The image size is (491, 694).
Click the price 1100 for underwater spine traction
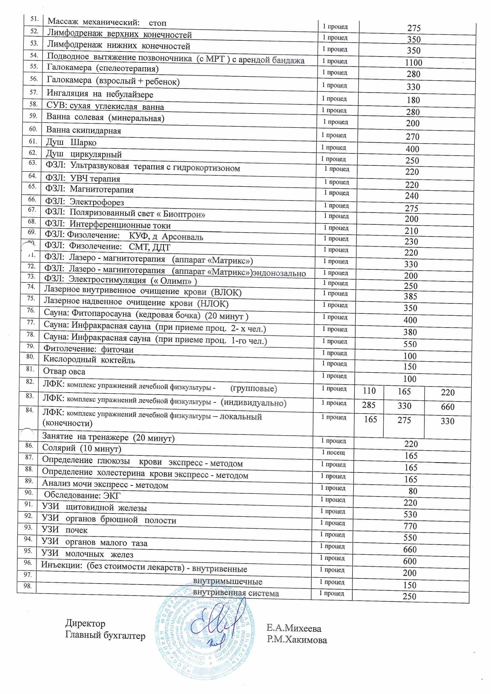[x=413, y=63]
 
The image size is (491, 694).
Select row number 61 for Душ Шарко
[x=33, y=141]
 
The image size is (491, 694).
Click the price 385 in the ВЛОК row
[x=411, y=296]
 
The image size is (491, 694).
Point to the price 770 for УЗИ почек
[x=410, y=526]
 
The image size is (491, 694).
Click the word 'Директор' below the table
[x=85, y=624]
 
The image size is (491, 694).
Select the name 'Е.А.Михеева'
[x=294, y=628]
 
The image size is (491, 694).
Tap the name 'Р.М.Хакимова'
[x=297, y=640]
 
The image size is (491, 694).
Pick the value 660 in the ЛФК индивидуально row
[x=447, y=407]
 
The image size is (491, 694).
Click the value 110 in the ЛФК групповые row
[x=369, y=391]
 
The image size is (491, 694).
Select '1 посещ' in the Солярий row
[x=333, y=452]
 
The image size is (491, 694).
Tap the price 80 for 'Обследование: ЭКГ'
[x=413, y=491]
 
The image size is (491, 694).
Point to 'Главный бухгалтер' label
[x=105, y=636]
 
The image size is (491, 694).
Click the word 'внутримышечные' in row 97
[x=227, y=582]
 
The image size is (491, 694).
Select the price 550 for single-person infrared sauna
[x=410, y=344]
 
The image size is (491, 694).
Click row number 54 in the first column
[x=34, y=55]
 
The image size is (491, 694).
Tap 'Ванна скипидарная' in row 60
[x=84, y=130]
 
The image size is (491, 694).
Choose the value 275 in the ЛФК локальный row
[x=404, y=420]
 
